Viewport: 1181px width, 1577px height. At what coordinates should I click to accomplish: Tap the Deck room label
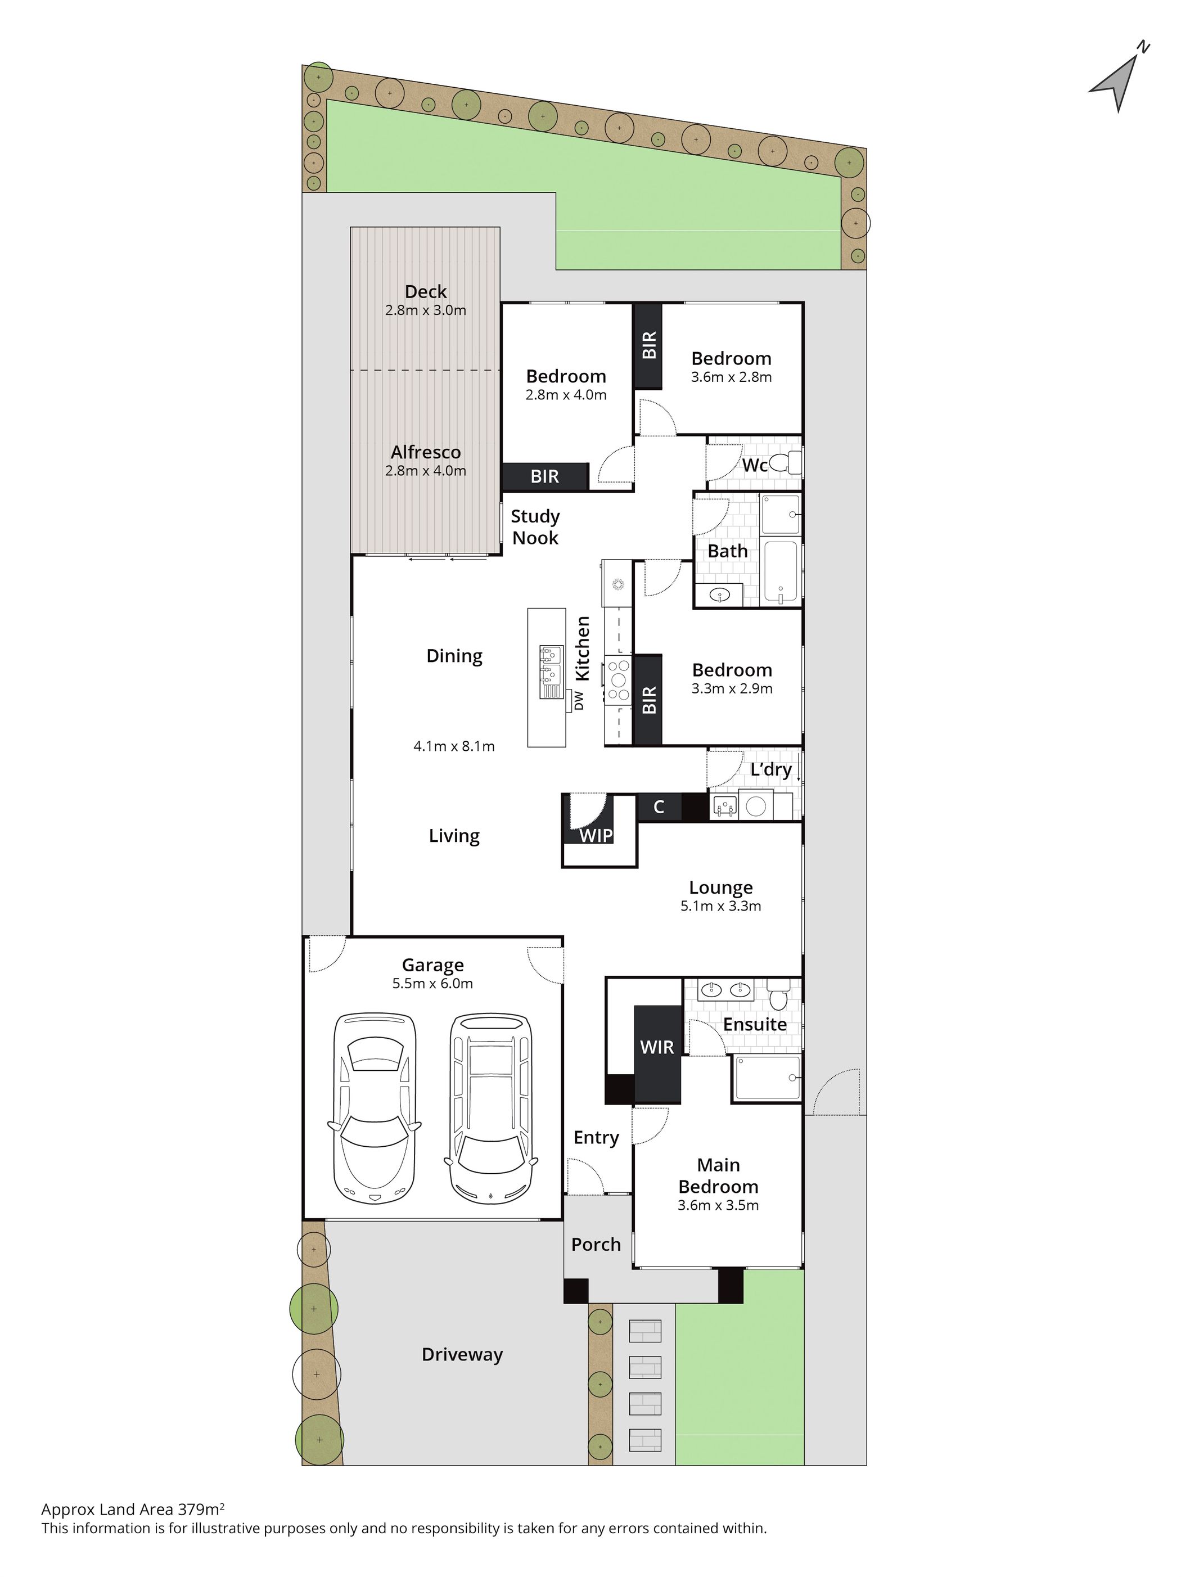click(426, 291)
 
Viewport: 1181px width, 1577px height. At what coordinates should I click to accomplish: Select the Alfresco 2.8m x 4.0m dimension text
click(426, 471)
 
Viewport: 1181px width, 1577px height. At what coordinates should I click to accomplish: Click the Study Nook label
click(535, 527)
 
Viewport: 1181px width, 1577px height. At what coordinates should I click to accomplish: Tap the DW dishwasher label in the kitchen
click(579, 701)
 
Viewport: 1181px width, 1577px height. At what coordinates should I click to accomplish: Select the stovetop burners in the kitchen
click(618, 678)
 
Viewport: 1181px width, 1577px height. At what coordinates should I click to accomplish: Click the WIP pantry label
click(596, 836)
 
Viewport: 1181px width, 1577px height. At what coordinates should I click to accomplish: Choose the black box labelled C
click(659, 807)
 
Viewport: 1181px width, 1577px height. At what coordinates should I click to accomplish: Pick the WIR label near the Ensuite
click(656, 1047)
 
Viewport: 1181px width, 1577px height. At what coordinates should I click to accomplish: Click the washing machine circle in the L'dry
click(755, 806)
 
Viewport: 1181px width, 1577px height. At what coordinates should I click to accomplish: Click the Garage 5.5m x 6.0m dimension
click(432, 984)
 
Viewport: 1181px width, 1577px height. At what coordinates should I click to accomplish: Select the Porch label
click(596, 1245)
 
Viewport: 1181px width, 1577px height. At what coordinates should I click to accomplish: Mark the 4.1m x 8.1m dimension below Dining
click(454, 746)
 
